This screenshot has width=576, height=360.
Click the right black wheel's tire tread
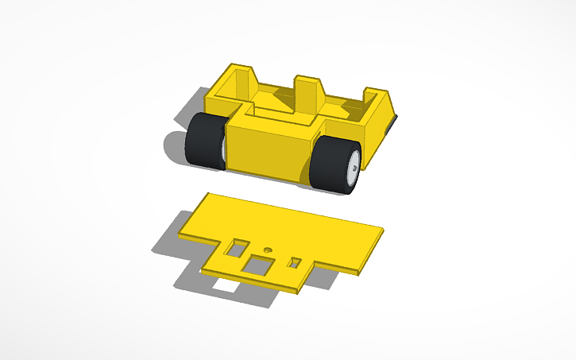tap(327, 163)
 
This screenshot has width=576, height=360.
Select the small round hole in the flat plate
tap(268, 249)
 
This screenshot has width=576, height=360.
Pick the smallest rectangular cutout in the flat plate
tap(295, 261)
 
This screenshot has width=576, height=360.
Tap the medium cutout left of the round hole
tap(234, 249)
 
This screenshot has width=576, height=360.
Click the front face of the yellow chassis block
tap(270, 147)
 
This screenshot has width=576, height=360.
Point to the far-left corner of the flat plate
tap(184, 235)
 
